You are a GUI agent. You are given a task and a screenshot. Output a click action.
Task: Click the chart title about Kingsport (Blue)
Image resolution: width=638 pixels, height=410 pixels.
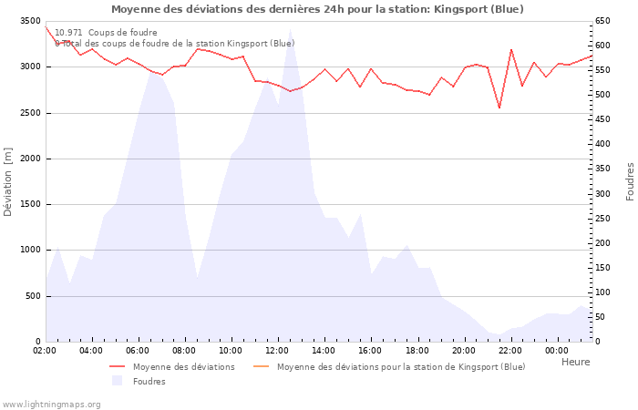pos(317,9)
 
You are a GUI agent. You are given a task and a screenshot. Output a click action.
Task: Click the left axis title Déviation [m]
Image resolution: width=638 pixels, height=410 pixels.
pos(8,181)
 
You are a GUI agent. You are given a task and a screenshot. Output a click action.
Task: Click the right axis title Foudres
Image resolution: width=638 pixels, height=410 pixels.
pos(629,181)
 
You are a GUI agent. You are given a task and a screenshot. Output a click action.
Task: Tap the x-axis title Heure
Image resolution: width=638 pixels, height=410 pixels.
pos(575,362)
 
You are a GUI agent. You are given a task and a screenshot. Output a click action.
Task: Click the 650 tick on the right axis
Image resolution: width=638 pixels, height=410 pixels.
pos(603,21)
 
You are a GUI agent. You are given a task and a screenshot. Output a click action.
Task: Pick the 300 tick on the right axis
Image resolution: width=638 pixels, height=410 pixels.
pos(603,194)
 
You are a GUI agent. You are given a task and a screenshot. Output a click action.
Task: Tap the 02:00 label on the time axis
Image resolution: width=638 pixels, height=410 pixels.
pos(45,351)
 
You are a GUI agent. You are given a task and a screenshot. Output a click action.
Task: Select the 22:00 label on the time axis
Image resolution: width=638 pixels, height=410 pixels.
pos(510,351)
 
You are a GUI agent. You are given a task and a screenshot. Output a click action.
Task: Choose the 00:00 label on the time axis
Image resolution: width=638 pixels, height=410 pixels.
pos(557,351)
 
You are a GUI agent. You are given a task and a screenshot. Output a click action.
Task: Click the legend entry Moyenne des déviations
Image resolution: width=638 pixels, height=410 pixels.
pos(183,367)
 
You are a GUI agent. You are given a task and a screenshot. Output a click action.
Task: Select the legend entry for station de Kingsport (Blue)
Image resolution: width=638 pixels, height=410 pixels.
pos(401,367)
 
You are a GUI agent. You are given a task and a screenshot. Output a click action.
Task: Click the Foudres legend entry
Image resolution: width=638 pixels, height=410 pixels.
pos(149,382)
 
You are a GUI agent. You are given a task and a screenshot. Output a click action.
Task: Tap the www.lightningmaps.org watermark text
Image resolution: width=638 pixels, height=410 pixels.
pos(51,404)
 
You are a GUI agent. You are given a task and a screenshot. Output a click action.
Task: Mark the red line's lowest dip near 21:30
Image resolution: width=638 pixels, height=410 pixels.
pos(499,108)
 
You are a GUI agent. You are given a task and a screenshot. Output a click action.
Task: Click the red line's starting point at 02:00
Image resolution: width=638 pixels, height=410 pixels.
pos(46,26)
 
